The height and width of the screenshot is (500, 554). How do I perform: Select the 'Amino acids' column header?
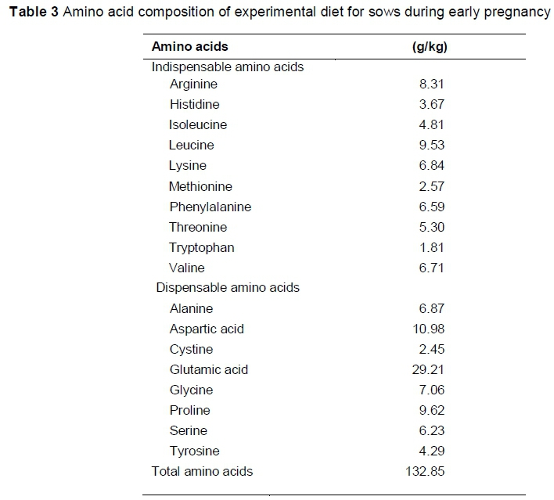point(189,47)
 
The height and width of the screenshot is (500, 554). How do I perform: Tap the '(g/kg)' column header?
point(429,47)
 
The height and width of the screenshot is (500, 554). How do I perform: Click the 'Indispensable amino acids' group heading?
point(227,67)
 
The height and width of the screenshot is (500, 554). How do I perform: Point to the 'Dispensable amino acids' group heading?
point(227,287)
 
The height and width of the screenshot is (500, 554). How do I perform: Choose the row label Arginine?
point(193,85)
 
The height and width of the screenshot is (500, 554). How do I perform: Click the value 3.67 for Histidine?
point(432,105)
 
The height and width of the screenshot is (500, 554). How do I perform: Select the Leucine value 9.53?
point(432,146)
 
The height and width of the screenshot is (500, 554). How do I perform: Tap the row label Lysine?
point(188,166)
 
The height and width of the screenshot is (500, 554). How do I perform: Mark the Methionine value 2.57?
point(432,186)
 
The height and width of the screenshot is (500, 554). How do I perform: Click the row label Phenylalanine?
point(210,207)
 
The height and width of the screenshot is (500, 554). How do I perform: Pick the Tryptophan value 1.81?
point(432,247)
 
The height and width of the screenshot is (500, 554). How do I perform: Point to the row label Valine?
point(187,268)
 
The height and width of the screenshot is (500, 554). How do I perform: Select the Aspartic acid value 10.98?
point(429,329)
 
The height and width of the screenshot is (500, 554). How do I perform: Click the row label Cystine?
point(191,349)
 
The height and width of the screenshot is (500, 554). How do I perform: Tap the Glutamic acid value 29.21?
point(429,369)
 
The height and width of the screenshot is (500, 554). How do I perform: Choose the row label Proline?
point(189,410)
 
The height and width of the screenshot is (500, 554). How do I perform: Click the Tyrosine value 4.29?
point(432,451)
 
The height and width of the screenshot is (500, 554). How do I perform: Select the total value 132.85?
point(426,471)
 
